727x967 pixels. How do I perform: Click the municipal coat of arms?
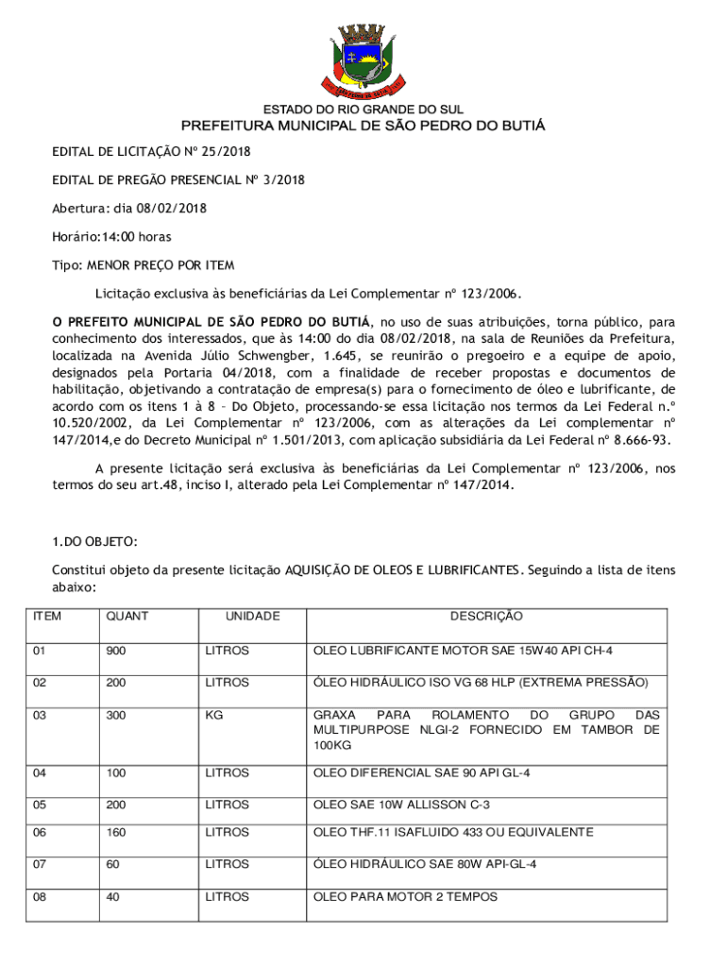tap(363, 54)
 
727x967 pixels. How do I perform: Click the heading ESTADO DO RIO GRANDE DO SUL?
tap(363, 110)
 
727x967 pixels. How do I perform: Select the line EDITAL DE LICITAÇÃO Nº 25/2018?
tap(151, 151)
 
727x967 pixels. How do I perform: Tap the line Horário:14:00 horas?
tap(111, 236)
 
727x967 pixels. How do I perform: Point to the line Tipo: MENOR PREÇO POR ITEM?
tap(143, 265)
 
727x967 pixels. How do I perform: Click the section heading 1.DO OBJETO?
tap(94, 541)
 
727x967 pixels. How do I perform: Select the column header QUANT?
tap(127, 617)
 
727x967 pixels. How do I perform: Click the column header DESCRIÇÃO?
tap(485, 617)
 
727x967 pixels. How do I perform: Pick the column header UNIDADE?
tap(252, 617)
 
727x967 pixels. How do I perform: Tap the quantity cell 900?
tap(116, 652)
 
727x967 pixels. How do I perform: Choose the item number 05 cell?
tap(41, 805)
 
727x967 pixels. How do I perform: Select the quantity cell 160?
tap(116, 832)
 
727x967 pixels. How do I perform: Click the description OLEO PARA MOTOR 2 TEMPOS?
tap(405, 896)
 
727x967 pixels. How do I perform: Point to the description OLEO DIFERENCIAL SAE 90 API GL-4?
tap(421, 773)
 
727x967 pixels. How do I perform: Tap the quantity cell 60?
tap(113, 864)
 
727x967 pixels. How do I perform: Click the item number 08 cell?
tap(41, 896)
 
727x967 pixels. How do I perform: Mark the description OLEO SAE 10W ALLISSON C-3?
tap(401, 805)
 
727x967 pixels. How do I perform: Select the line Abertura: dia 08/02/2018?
tap(129, 208)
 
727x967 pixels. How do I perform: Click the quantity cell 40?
tap(113, 896)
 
